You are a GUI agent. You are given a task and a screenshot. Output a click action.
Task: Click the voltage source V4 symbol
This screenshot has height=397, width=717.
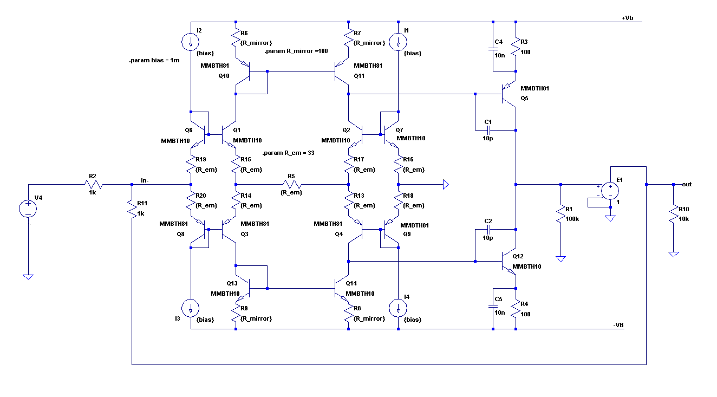28,209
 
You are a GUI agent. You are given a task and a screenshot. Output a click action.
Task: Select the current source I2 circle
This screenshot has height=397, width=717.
191,42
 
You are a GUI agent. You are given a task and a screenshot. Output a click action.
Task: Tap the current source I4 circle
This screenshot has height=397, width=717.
398,308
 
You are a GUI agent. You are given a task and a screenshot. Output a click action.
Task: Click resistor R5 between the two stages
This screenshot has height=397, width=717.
291,184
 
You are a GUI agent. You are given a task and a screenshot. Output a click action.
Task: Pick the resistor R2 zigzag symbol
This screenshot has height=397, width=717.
94,184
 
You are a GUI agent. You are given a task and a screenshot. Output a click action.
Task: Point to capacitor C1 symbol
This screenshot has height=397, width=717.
488,130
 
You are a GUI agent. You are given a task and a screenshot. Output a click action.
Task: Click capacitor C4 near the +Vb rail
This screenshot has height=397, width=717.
493,49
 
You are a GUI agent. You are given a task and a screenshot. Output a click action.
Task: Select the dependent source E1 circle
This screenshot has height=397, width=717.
610,191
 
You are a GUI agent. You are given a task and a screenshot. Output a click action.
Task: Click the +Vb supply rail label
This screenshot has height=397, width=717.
627,18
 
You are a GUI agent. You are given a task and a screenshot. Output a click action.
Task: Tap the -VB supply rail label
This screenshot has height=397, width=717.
618,325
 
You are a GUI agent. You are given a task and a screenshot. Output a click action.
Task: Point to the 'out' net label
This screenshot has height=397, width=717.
687,184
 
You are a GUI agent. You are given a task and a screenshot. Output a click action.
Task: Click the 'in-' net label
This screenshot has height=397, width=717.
145,180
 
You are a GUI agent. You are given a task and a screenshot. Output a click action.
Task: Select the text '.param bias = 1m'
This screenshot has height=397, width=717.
154,60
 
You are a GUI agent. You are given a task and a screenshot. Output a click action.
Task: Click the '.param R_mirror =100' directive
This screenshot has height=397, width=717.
296,51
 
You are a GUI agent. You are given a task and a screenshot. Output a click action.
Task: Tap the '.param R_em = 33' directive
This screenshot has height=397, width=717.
289,153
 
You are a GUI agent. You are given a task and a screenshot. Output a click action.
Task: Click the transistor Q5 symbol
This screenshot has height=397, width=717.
509,94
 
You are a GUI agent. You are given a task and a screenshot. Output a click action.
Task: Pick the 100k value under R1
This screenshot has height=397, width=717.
572,219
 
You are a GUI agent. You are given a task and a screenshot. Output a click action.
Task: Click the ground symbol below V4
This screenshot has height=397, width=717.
28,277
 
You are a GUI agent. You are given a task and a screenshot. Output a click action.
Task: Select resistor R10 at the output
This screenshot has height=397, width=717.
674,213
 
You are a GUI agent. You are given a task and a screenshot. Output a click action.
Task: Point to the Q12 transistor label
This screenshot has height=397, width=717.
518,256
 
